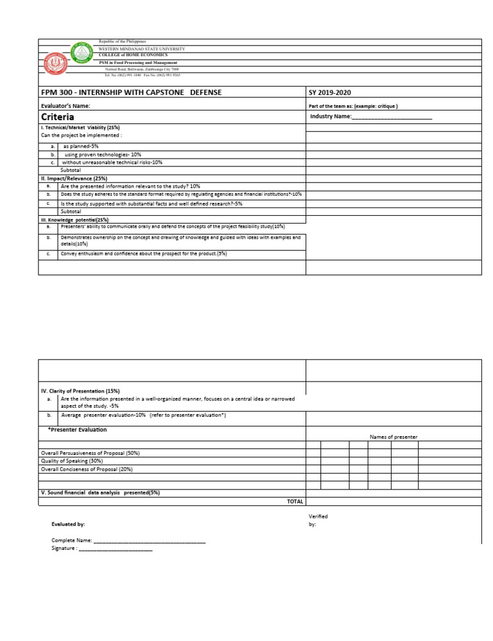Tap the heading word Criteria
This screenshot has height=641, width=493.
58,117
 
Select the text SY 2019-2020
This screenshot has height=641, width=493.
330,92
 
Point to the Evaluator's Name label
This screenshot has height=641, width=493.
65,105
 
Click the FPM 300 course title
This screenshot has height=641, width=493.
132,92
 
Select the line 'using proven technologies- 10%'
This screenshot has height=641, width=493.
103,155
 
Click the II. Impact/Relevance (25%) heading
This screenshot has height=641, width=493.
74,178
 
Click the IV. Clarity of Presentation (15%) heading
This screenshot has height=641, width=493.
80,391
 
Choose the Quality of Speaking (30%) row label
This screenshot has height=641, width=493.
72,461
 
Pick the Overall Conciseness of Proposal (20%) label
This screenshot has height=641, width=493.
87,470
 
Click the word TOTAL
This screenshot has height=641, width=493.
295,501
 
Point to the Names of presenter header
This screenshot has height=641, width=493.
394,437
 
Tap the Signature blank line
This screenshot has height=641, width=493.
116,549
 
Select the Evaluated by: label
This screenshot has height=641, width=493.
68,524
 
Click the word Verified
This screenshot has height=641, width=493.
318,516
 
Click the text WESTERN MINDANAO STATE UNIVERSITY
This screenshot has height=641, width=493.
141,49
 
